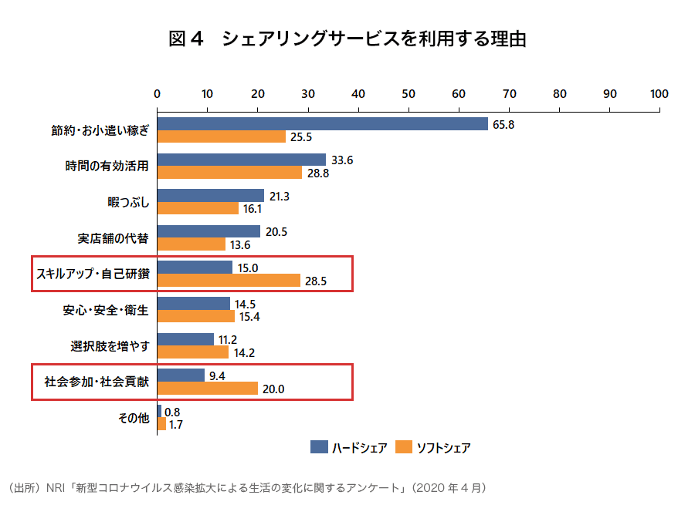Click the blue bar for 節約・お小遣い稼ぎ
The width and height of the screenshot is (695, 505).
(322, 124)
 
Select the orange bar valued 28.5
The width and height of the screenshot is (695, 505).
(229, 281)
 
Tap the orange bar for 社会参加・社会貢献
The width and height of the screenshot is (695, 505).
(207, 389)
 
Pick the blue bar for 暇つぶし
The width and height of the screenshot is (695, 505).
(210, 196)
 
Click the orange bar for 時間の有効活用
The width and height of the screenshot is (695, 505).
(229, 173)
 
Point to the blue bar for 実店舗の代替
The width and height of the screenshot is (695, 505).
(208, 231)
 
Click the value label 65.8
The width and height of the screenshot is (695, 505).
(504, 124)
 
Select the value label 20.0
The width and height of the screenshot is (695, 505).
(273, 389)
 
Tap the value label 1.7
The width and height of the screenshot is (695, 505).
(176, 424)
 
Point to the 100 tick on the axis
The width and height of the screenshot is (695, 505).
(659, 94)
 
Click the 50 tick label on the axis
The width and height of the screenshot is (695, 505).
(409, 94)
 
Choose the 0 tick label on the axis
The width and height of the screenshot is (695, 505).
(158, 94)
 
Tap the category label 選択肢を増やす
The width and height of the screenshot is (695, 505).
(109, 345)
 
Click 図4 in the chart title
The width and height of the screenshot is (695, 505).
(185, 39)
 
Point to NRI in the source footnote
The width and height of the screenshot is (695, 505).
(56, 488)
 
